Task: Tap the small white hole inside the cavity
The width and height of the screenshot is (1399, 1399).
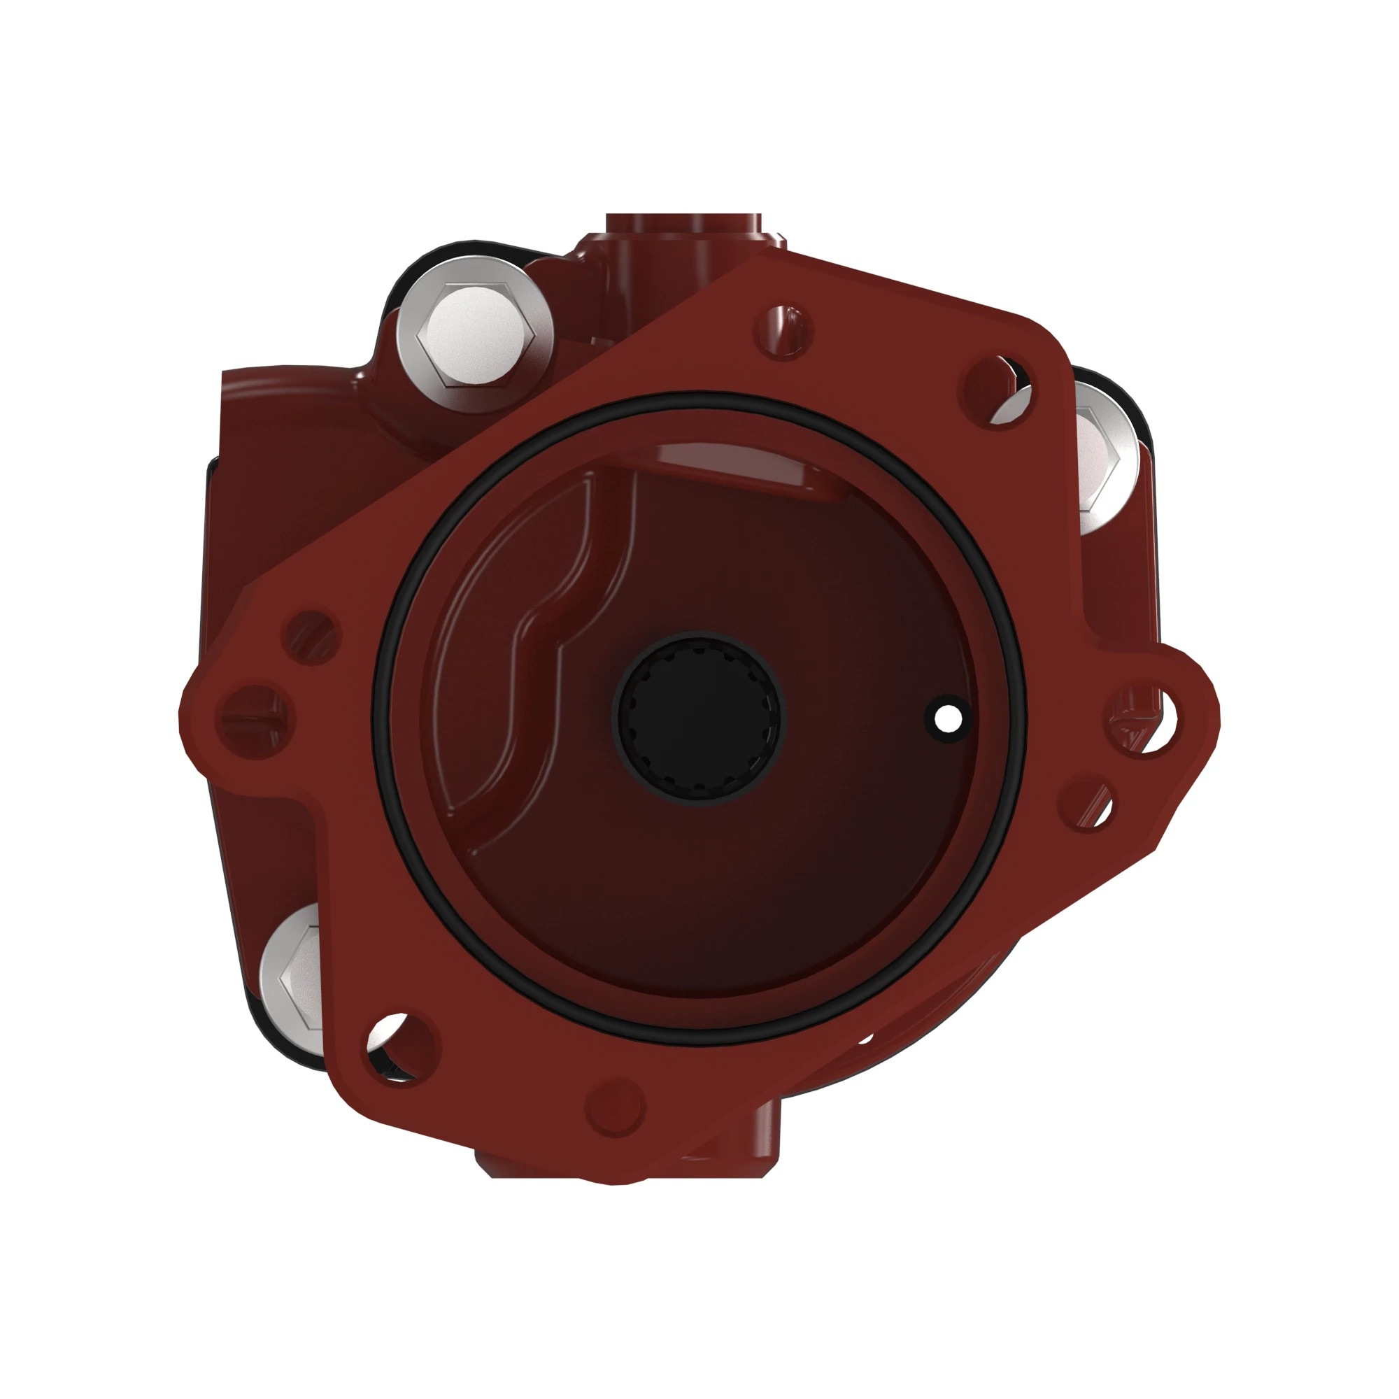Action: pos(948,719)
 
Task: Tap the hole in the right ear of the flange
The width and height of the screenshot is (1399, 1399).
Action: pos(1139,719)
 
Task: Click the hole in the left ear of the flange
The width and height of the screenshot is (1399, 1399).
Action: pos(256,720)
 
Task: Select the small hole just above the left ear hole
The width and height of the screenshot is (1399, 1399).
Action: pos(313,637)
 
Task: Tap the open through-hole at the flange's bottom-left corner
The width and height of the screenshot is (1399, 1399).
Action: pos(399,1047)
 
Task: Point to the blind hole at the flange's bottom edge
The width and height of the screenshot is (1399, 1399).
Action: pos(614,1107)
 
